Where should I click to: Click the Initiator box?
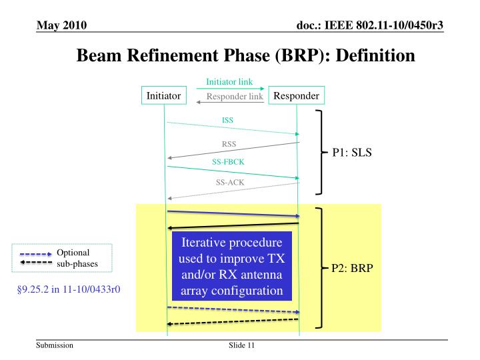coord(163,96)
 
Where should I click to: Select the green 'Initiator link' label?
coord(229,82)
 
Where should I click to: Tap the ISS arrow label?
coord(228,121)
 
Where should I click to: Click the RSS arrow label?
coord(229,144)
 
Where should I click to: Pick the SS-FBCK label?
coord(228,161)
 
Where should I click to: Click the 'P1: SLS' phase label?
coord(351,152)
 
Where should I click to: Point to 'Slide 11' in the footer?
coord(240,346)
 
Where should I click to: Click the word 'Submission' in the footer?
coord(56,346)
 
